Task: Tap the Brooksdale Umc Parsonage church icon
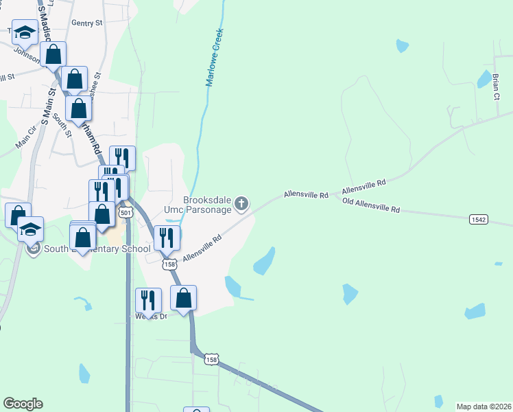[241, 203]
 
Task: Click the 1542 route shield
[479, 219]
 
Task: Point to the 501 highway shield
[125, 213]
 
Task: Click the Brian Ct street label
[497, 85]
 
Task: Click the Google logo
[23, 404]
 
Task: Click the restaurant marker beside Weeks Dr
[148, 300]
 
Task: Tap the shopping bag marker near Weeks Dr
[183, 298]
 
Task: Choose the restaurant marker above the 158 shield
[167, 238]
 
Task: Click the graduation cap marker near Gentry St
[25, 32]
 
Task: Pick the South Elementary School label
[97, 249]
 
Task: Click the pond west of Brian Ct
[484, 80]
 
